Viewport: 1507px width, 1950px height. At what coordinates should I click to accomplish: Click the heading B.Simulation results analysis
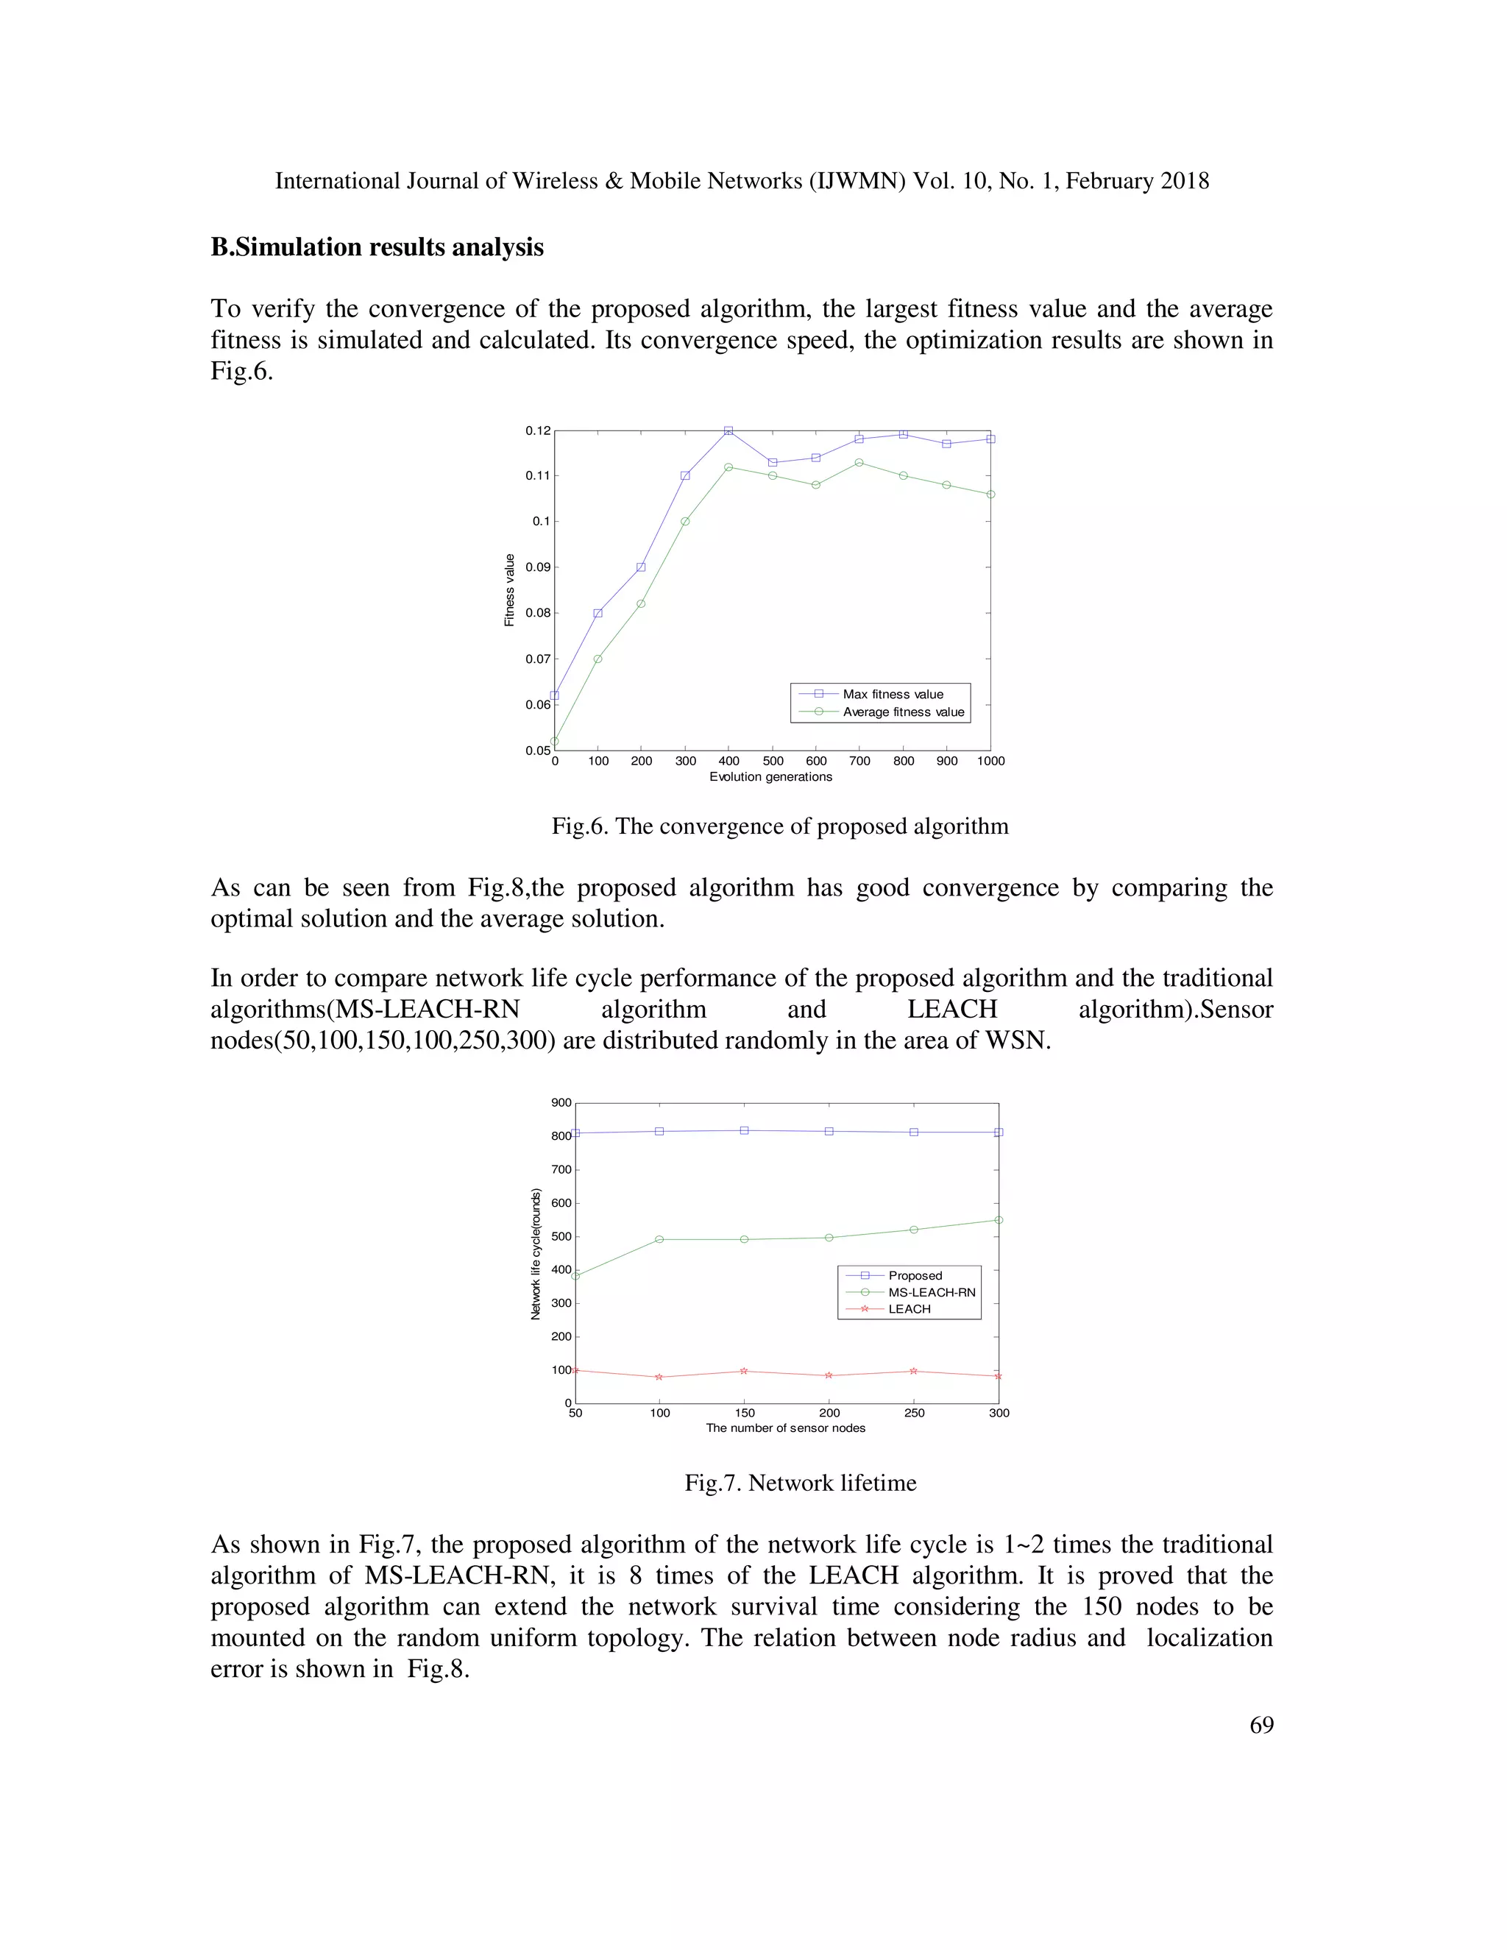pos(377,247)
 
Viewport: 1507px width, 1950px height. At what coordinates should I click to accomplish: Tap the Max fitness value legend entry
pos(892,694)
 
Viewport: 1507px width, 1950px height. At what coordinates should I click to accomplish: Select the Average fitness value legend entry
pos(903,712)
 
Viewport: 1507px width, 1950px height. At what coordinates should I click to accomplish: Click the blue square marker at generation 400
pos(728,430)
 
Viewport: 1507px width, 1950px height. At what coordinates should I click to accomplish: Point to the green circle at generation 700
pos(859,463)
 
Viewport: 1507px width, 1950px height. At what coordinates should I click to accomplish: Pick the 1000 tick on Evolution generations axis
pos(990,761)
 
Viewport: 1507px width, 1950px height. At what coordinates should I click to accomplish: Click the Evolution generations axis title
pos(770,777)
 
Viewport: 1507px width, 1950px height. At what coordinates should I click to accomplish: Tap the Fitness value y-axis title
pos(510,590)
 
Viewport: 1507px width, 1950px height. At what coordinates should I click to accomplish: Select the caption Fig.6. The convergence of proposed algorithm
pos(779,826)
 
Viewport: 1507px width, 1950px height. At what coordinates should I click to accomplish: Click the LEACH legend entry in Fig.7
pos(909,1309)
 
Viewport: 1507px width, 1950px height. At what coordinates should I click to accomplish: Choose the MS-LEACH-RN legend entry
pos(931,1292)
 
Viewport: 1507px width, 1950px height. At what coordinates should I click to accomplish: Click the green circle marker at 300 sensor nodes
pos(998,1219)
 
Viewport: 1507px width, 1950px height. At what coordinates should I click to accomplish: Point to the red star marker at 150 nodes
pos(744,1371)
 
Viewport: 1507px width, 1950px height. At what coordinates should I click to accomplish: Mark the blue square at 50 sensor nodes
pos(576,1133)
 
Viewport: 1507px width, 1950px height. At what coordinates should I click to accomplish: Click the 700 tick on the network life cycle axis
pos(561,1170)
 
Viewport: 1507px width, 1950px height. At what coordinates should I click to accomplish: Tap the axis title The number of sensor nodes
pos(786,1428)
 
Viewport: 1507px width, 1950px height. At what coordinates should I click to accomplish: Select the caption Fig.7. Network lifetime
pos(800,1483)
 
